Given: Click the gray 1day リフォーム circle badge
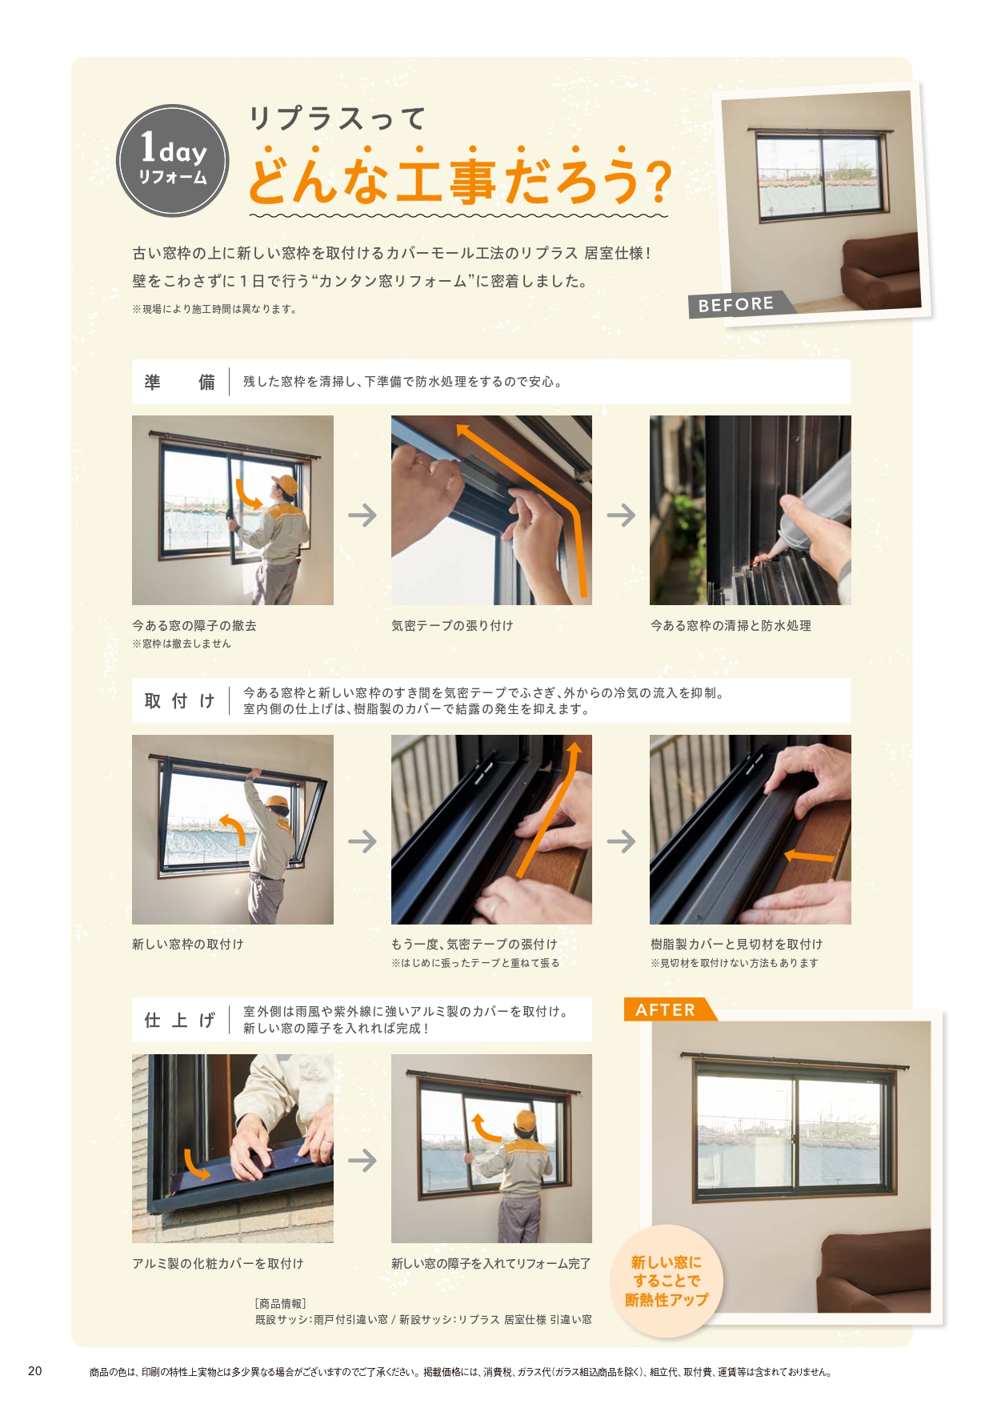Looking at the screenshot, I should coord(172,161).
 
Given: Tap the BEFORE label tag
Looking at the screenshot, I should coord(736,304).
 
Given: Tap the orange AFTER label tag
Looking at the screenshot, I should coord(666,1010).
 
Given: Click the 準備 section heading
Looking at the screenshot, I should coord(179,383).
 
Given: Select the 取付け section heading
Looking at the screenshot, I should coord(179,701).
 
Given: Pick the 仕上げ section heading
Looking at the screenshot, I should coord(179,1020).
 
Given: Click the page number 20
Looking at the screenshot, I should coord(35,1371).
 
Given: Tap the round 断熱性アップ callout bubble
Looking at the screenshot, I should coord(667,1281).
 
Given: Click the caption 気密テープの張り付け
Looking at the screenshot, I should coord(452,626).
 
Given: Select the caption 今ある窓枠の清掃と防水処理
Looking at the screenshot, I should coord(731,626).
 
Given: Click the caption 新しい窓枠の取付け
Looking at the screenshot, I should coord(188,945).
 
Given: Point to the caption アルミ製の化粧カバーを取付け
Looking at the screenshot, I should coord(218,1263).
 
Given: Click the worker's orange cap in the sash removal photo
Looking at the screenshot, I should coord(284,484).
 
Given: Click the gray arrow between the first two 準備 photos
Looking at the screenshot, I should coord(362,515).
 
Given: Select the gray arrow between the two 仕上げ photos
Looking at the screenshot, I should coord(362,1160).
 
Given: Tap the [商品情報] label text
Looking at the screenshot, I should coord(280,1303).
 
